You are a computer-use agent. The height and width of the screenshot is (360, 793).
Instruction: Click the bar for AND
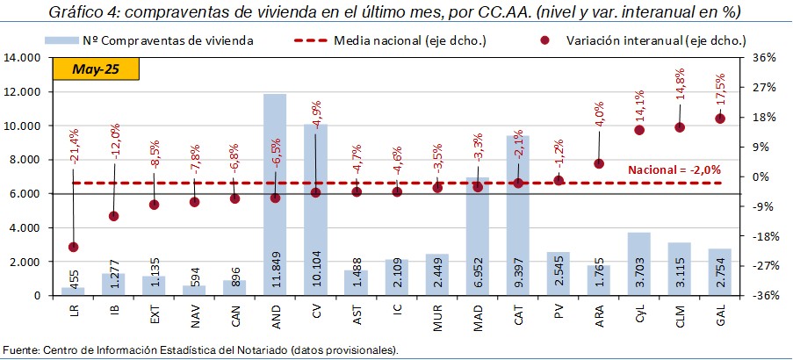(x=275, y=193)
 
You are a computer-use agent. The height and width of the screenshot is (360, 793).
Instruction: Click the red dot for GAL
(x=720, y=119)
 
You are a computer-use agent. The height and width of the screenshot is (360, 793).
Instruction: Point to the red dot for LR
(x=73, y=247)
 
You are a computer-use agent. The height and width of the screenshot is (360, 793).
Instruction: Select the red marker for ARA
(x=599, y=163)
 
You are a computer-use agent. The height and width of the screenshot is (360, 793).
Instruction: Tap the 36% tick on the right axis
(x=764, y=58)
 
